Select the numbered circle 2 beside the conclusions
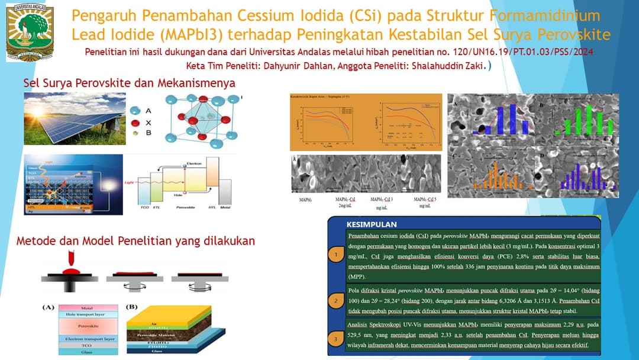[x=335, y=301]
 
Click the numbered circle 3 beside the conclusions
[x=335, y=339]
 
